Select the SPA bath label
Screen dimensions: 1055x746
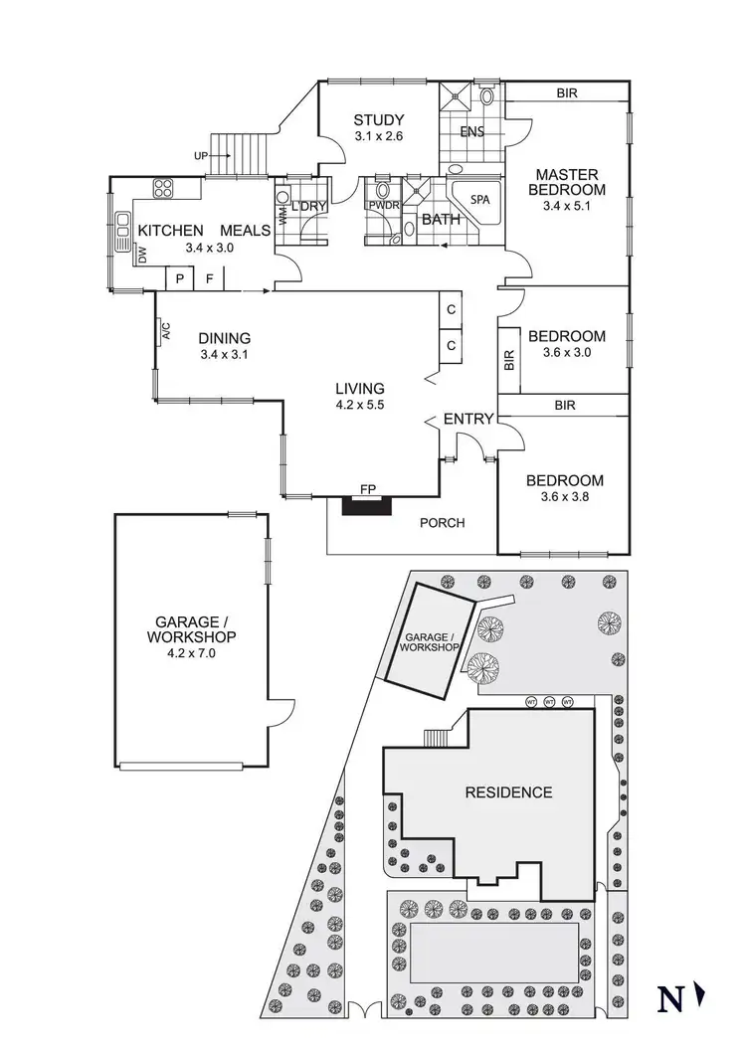[x=480, y=199]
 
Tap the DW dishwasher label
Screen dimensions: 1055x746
[x=143, y=257]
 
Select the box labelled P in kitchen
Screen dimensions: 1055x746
[x=179, y=279]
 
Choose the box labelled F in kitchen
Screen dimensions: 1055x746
[x=209, y=279]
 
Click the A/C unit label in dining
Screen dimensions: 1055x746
[x=165, y=331]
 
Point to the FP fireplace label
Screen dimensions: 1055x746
[x=368, y=489]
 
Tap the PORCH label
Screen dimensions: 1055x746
[x=442, y=523]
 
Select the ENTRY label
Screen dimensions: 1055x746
[x=467, y=420]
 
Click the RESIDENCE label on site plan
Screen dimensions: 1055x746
[x=508, y=792]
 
